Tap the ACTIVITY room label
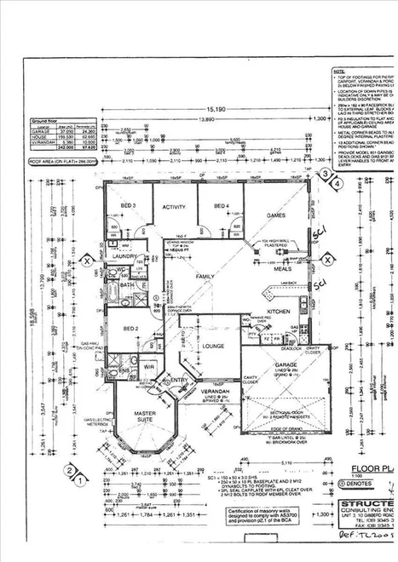tap(174, 206)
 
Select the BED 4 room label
tap(221, 206)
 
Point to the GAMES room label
tap(275, 217)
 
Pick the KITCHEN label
tap(280, 313)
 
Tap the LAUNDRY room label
tap(124, 255)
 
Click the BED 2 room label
tap(130, 329)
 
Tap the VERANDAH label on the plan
tap(216, 393)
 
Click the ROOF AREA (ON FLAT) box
tap(63, 158)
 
